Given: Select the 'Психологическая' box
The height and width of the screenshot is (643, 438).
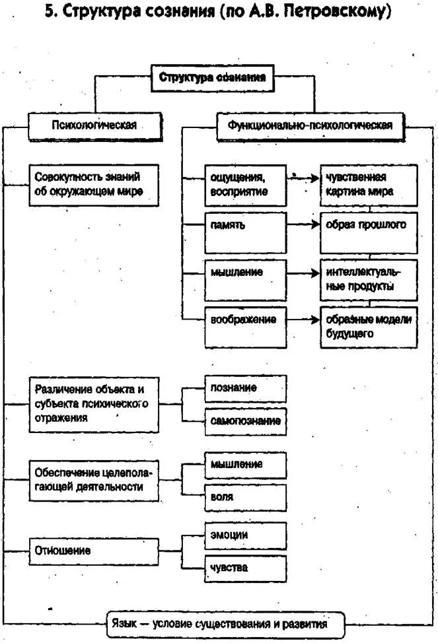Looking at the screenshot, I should (94, 125).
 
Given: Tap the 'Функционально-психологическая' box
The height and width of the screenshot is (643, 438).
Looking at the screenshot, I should (310, 125).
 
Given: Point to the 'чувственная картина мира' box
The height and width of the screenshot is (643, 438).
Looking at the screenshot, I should (369, 186).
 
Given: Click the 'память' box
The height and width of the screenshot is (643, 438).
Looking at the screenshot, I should (245, 225).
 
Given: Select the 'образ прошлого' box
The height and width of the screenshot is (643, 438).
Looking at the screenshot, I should (369, 232).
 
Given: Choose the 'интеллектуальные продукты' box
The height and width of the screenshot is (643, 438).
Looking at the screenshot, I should (369, 279).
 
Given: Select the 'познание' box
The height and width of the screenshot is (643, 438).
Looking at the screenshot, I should (245, 388).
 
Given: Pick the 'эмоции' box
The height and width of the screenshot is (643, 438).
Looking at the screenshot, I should (245, 535).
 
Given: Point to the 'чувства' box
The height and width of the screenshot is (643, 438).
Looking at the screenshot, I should (245, 568).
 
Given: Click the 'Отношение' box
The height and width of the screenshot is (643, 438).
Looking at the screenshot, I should (94, 551).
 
